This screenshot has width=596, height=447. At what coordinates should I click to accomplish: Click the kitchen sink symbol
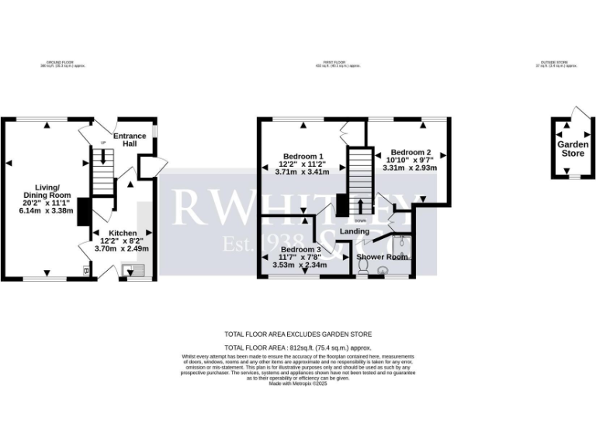tap(129, 270)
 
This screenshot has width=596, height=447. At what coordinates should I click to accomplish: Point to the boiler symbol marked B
tap(85, 271)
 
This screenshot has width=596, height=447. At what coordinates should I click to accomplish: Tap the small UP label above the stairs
tap(102, 144)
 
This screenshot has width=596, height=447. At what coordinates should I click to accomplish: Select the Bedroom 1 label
tap(303, 155)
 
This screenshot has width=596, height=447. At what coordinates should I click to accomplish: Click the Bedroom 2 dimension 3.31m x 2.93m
tap(411, 168)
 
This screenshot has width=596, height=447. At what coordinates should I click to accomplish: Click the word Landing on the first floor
tap(354, 231)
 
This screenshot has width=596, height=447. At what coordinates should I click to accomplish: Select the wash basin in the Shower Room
tap(383, 270)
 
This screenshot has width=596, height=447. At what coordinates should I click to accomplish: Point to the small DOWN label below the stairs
tap(360, 221)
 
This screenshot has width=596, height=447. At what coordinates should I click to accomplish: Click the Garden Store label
tap(573, 148)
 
